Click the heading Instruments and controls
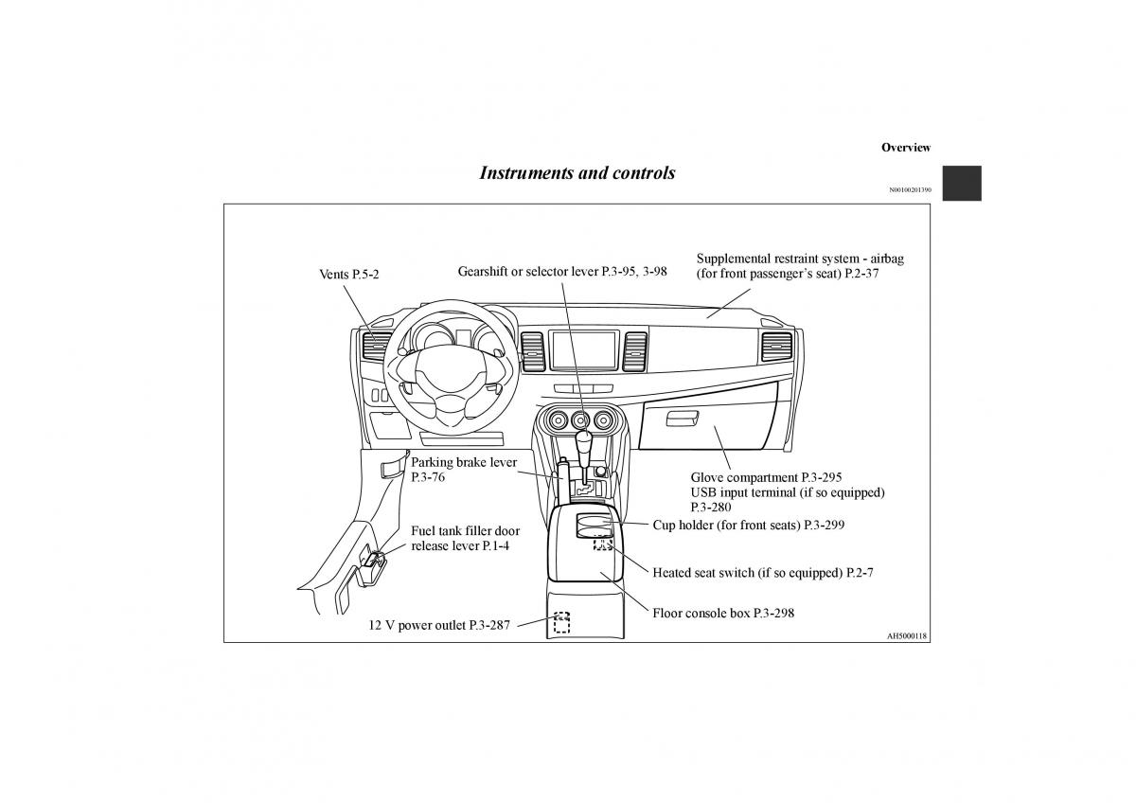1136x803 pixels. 577,173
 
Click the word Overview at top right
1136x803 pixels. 905,148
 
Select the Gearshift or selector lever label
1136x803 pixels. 562,271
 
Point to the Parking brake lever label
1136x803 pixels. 464,463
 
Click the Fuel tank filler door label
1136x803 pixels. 465,531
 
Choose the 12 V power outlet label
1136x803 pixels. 439,625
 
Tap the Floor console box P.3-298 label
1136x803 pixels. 723,613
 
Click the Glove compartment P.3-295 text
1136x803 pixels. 766,478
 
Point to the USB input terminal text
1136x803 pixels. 788,492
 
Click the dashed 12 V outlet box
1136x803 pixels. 562,622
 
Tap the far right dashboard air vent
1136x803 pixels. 777,348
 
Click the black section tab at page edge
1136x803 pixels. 962,183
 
